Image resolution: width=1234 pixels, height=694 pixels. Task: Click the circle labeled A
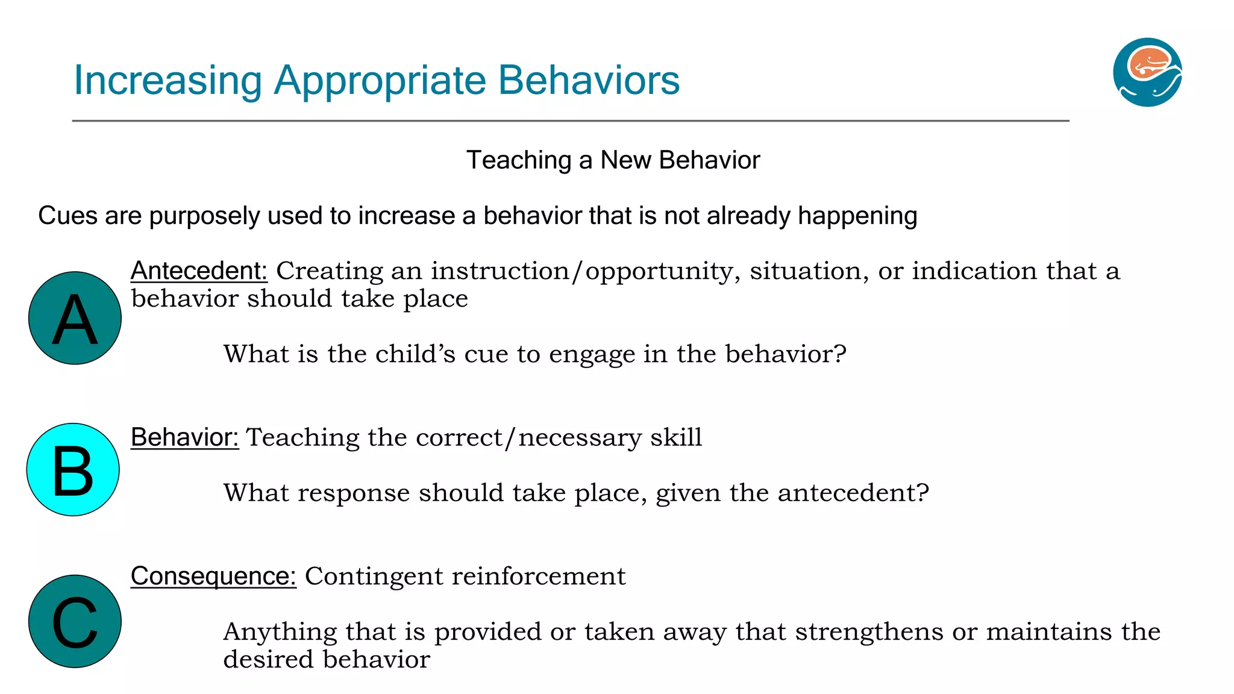(75, 318)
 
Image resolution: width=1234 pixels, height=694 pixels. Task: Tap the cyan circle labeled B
(73, 470)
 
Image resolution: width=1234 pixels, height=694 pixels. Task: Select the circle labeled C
(75, 621)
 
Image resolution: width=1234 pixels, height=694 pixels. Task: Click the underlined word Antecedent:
(199, 271)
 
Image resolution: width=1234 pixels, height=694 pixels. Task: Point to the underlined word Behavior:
(184, 437)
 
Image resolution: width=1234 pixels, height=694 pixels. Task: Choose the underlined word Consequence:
(213, 576)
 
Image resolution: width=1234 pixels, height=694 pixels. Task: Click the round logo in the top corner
(1147, 72)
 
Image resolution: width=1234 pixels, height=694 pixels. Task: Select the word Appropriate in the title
(380, 81)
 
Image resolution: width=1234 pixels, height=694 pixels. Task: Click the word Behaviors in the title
(589, 81)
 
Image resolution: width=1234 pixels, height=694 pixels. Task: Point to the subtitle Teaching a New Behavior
(613, 160)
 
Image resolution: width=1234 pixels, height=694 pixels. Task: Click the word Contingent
(374, 577)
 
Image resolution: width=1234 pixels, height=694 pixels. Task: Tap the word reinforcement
(539, 577)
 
